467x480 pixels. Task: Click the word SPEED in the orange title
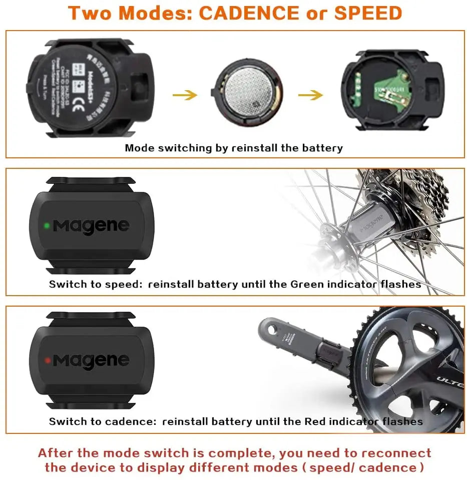[x=368, y=13]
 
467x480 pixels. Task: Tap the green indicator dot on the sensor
[x=47, y=225]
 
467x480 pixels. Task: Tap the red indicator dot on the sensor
[x=47, y=360]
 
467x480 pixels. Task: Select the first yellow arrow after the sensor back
[x=185, y=95]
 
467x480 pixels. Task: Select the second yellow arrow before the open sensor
[x=310, y=95]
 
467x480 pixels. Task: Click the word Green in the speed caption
[x=307, y=284]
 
